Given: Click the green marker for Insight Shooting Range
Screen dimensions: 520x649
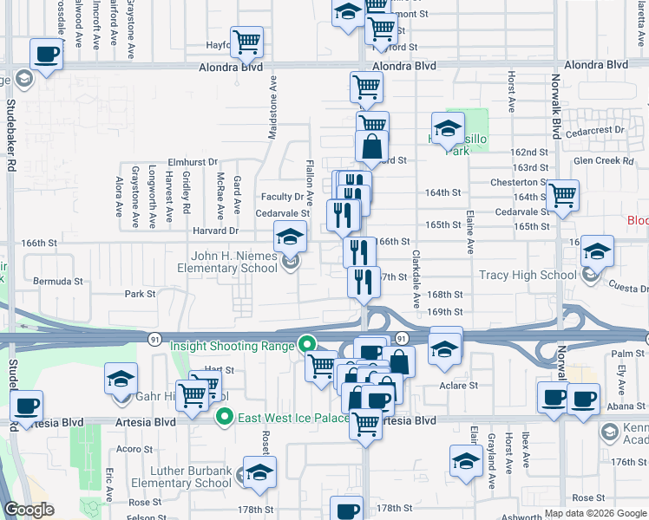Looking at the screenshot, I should pyautogui.click(x=306, y=345).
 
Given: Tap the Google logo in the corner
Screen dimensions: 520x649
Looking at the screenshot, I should pyautogui.click(x=29, y=510).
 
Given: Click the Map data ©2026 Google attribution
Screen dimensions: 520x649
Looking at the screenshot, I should pyautogui.click(x=594, y=513).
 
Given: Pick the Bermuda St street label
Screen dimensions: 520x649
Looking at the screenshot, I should pyautogui.click(x=57, y=281).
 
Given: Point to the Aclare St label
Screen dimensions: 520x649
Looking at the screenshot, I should pyautogui.click(x=461, y=385).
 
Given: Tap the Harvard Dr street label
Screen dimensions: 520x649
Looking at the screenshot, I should pyautogui.click(x=215, y=231).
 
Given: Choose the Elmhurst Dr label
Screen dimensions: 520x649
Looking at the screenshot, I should pyautogui.click(x=192, y=161).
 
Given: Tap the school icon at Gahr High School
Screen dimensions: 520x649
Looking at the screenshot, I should pyautogui.click(x=121, y=378).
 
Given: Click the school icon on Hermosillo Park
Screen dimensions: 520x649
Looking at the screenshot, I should pyautogui.click(x=448, y=129).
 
